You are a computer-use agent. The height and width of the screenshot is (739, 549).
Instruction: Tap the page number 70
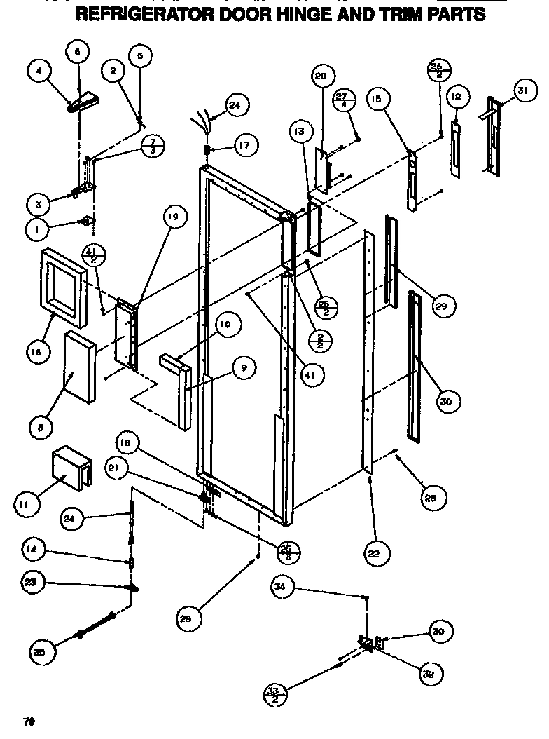[28, 721]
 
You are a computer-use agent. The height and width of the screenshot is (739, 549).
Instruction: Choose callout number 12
[456, 96]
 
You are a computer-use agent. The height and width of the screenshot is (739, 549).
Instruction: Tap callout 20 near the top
[321, 76]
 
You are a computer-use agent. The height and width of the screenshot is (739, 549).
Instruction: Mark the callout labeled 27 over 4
[361, 100]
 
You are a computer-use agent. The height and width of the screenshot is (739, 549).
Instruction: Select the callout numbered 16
[39, 350]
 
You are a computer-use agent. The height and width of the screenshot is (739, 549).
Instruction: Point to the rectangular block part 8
[78, 369]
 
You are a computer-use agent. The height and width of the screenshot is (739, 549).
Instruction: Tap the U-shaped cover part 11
[71, 468]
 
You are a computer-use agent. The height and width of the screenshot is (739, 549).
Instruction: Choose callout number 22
[374, 553]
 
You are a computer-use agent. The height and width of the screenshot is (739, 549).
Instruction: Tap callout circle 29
[443, 306]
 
